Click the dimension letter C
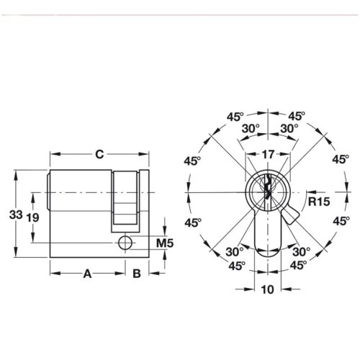click(101, 154)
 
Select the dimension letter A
click(88, 274)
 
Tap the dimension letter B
click(136, 274)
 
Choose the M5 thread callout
click(166, 243)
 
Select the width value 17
click(267, 154)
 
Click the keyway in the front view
click(267, 191)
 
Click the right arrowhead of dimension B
click(148, 274)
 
